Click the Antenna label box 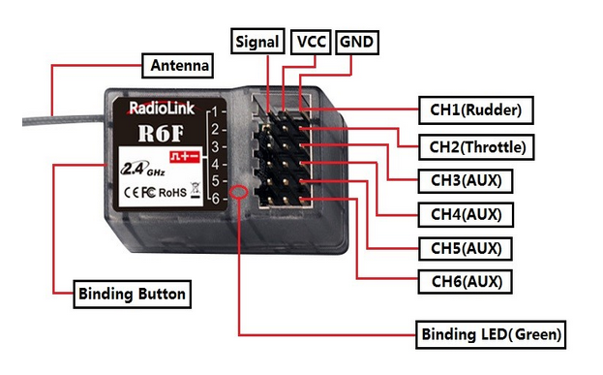point(177,66)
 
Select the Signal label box point(257,42)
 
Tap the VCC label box point(311,42)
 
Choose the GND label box point(357,42)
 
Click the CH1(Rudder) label point(475,110)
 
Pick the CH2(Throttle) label point(476,147)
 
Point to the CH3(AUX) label point(466,180)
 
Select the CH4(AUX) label point(466,214)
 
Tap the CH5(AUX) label point(466,248)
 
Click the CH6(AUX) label point(466,282)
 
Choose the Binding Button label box point(132,295)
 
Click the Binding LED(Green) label point(491,334)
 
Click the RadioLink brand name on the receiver point(161,109)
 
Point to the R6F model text point(161,133)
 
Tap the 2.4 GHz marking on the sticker point(142,169)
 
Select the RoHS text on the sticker point(172,193)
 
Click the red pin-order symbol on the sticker point(186,156)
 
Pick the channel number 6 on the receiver point(215,199)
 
